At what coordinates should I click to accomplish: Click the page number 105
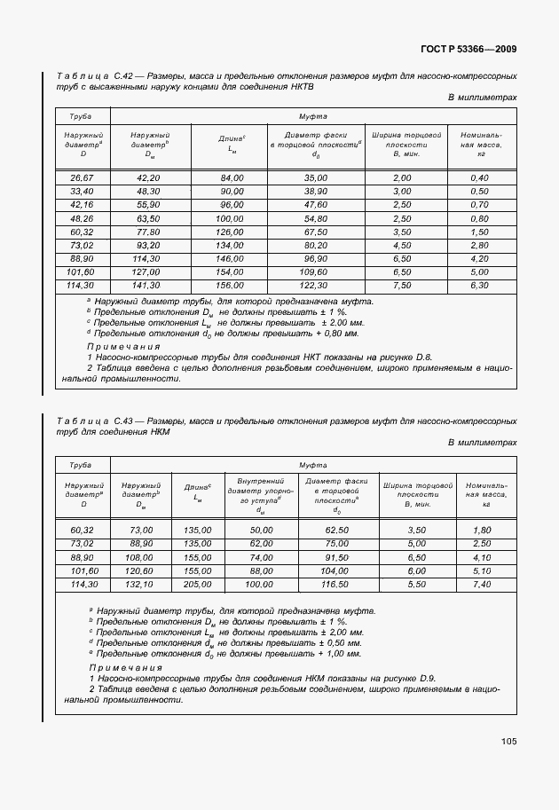[508, 741]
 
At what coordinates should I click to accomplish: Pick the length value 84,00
[232, 178]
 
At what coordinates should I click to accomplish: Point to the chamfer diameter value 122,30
[316, 286]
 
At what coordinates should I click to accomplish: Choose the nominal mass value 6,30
[480, 286]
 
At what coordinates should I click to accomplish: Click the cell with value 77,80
[148, 232]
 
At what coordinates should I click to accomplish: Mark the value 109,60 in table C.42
[316, 272]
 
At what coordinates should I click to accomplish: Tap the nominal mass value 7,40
[482, 585]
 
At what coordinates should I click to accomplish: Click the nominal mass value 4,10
[482, 557]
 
